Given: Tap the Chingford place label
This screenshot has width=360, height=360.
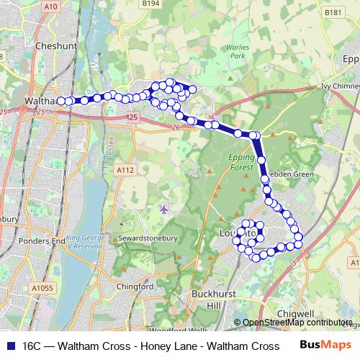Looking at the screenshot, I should pyautogui.click(x=135, y=287).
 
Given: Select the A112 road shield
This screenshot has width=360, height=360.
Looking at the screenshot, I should pyautogui.click(x=125, y=170).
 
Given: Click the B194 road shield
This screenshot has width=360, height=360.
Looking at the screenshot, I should pyautogui.click(x=150, y=4).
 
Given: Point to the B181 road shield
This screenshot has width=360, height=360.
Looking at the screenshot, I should pyautogui.click(x=333, y=12).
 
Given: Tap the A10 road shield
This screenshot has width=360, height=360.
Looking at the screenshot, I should pyautogui.click(x=50, y=6).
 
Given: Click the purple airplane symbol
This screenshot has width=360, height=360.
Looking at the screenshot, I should pyautogui.click(x=165, y=209).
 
